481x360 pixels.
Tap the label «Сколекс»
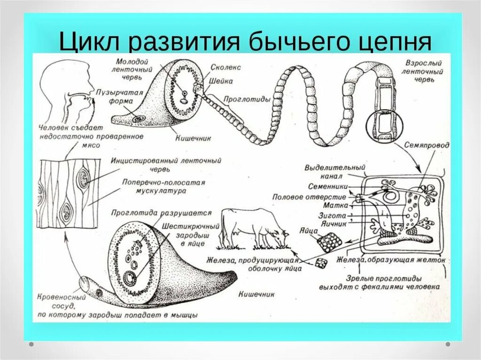pyautogui.click(x=226, y=68)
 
